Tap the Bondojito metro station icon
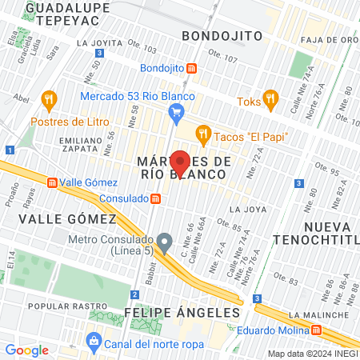point(191,68)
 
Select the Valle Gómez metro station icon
point(53,182)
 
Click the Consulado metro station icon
point(157,198)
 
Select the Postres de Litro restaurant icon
point(50,102)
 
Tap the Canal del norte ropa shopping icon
point(94,343)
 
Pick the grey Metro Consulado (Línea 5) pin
point(165,240)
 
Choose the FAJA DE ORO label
point(329,38)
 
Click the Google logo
point(26,350)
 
